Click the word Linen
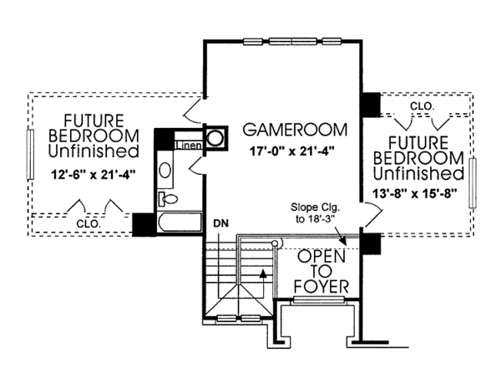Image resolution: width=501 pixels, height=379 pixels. pos(188,146)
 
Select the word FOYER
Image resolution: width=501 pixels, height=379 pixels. pos(321,290)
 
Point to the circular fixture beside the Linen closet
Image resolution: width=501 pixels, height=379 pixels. pos(215,138)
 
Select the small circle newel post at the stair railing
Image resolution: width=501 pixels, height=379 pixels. pos(273,243)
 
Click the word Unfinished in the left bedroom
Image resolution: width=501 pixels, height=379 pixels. pos(93,152)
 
